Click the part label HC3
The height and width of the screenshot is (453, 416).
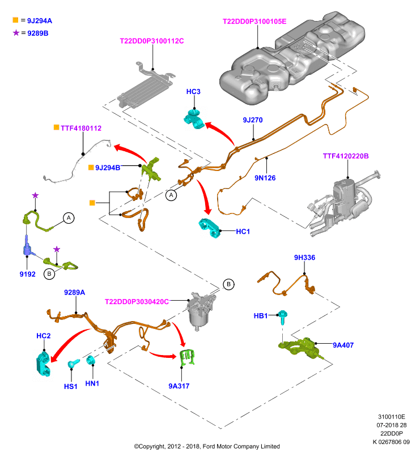coord(193,92)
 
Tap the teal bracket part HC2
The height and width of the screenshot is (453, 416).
coord(44,364)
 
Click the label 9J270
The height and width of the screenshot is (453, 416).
coord(253,120)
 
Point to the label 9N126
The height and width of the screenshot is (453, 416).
coord(265,178)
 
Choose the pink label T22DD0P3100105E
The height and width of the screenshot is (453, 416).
coord(254,22)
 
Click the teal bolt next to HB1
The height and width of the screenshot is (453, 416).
coord(282,317)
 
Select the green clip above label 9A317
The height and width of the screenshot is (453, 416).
coord(187,357)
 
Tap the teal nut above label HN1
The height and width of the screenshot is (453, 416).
coord(91,360)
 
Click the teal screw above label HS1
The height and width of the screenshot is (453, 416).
coord(73,364)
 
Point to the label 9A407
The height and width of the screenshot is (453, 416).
coord(343,345)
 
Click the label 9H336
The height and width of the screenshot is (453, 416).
coord(304,258)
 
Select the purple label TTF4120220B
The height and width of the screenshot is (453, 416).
coord(346,156)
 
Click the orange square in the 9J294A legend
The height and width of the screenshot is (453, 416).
coord(16,20)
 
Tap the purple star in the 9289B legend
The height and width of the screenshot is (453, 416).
coord(16,33)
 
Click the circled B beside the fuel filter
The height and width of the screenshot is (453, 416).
coord(228,284)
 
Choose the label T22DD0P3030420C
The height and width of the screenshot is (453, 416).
coord(137,302)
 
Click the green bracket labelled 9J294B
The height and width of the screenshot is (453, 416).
coord(151,170)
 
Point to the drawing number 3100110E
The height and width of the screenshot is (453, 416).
coord(392,417)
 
